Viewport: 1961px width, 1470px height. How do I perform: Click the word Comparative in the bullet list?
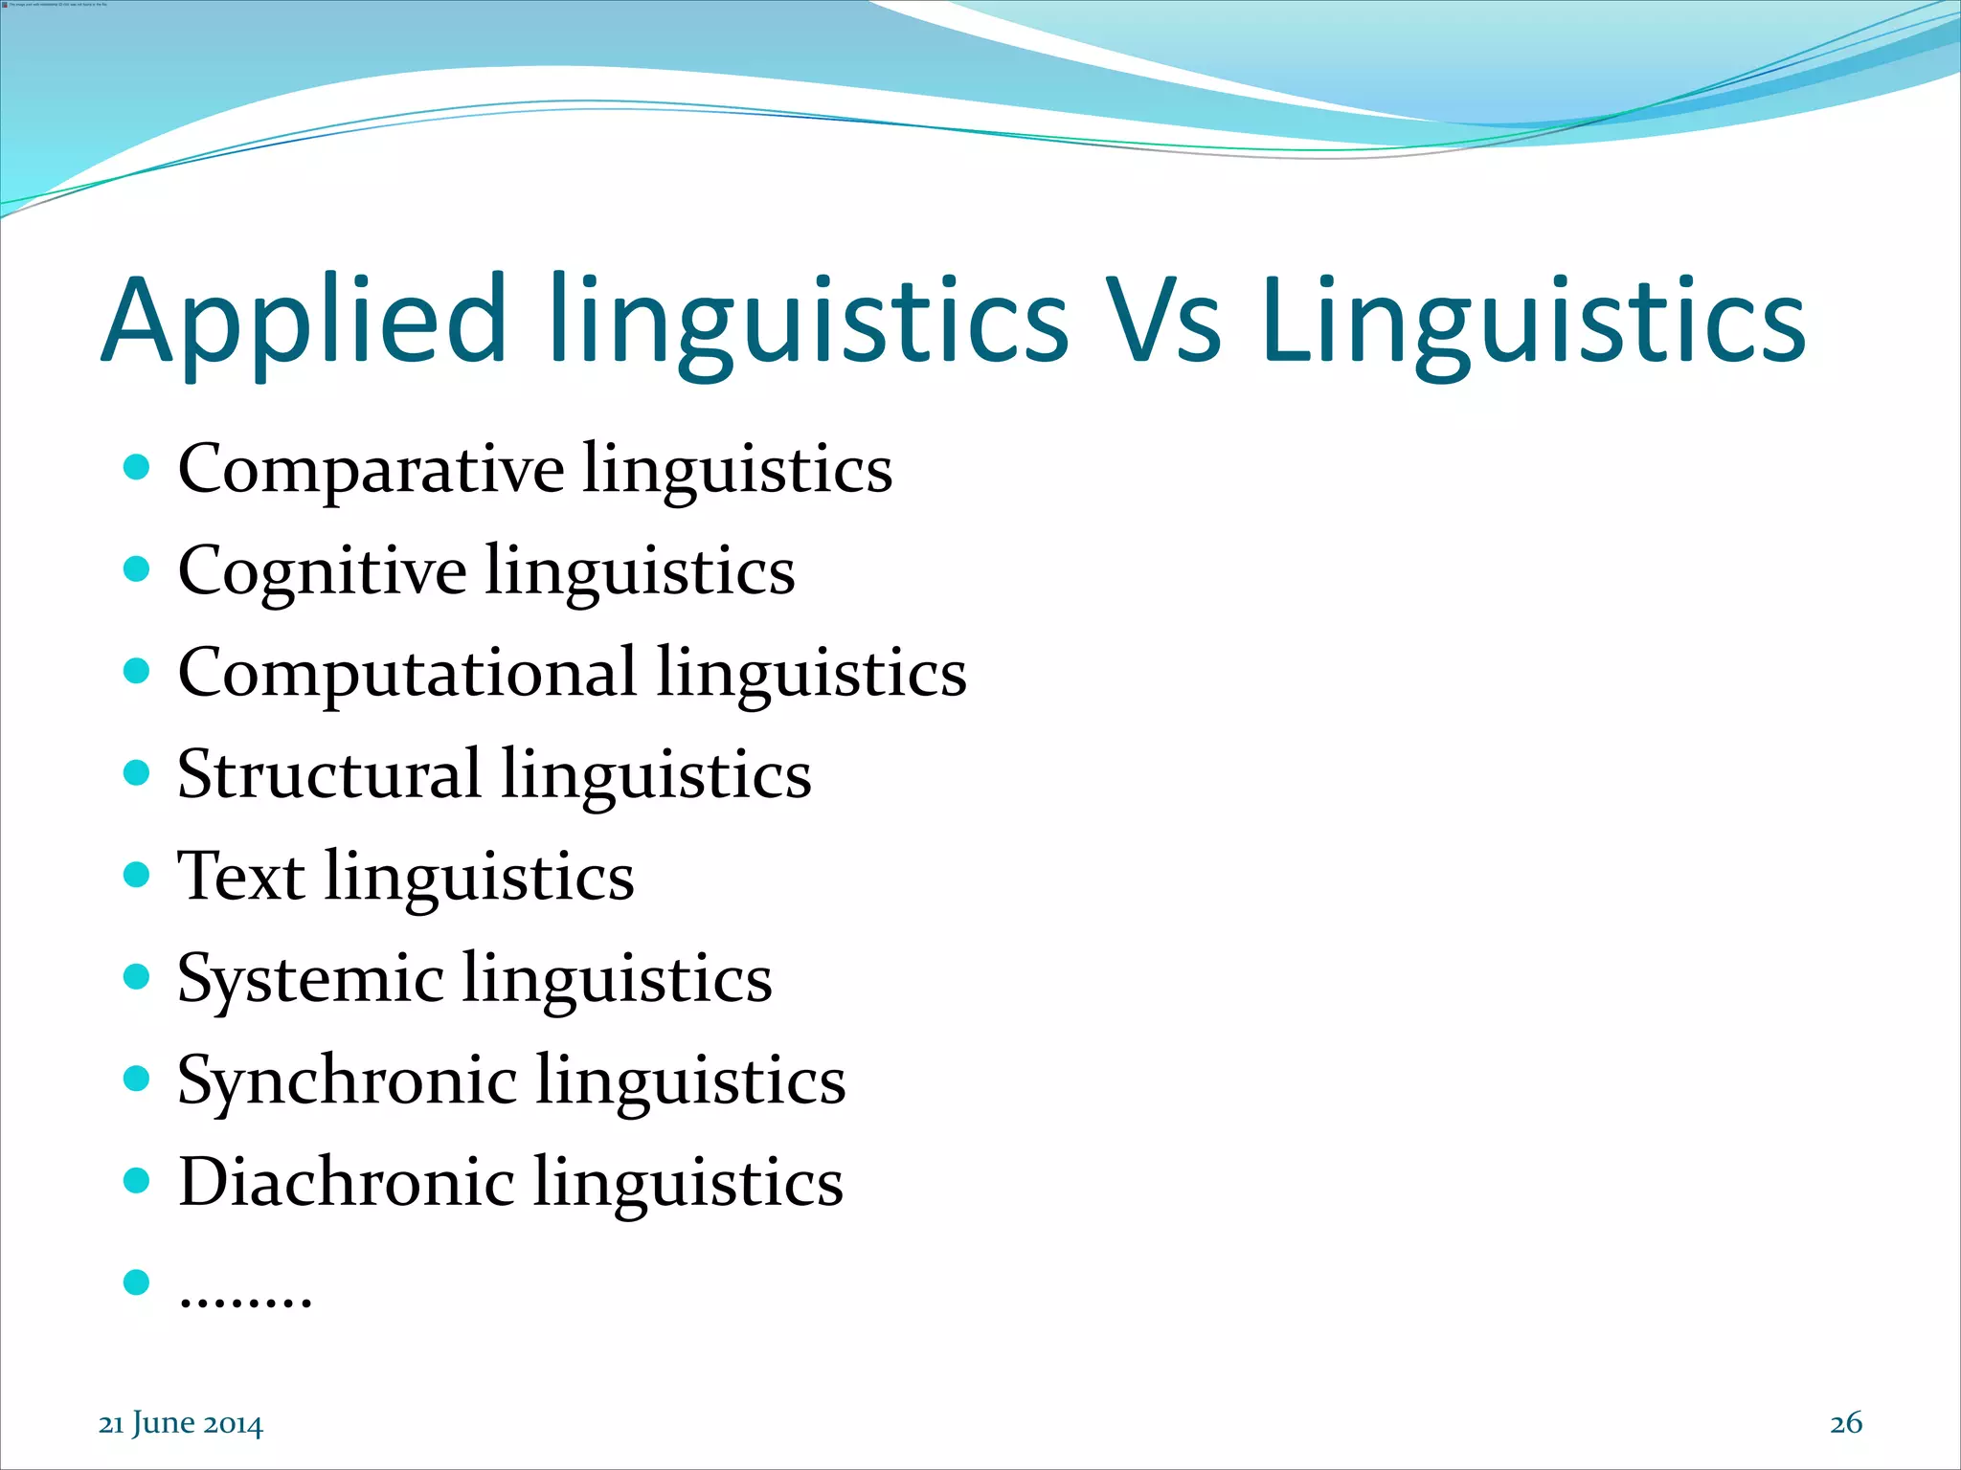(371, 469)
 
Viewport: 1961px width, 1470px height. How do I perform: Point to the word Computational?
(407, 672)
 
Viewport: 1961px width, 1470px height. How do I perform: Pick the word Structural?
(328, 773)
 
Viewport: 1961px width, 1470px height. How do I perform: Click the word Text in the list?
(240, 876)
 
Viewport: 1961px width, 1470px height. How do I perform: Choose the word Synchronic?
(347, 1080)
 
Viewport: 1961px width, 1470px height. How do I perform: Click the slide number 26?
(1845, 1423)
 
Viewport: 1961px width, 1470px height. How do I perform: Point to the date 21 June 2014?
(180, 1424)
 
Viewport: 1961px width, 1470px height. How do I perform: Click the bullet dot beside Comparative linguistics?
(137, 467)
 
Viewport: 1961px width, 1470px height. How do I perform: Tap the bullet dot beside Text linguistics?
(137, 874)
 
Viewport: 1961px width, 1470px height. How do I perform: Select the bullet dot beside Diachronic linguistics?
(137, 1179)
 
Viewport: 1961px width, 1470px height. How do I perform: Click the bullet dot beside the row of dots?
(137, 1281)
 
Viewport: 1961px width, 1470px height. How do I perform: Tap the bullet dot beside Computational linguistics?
(137, 670)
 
